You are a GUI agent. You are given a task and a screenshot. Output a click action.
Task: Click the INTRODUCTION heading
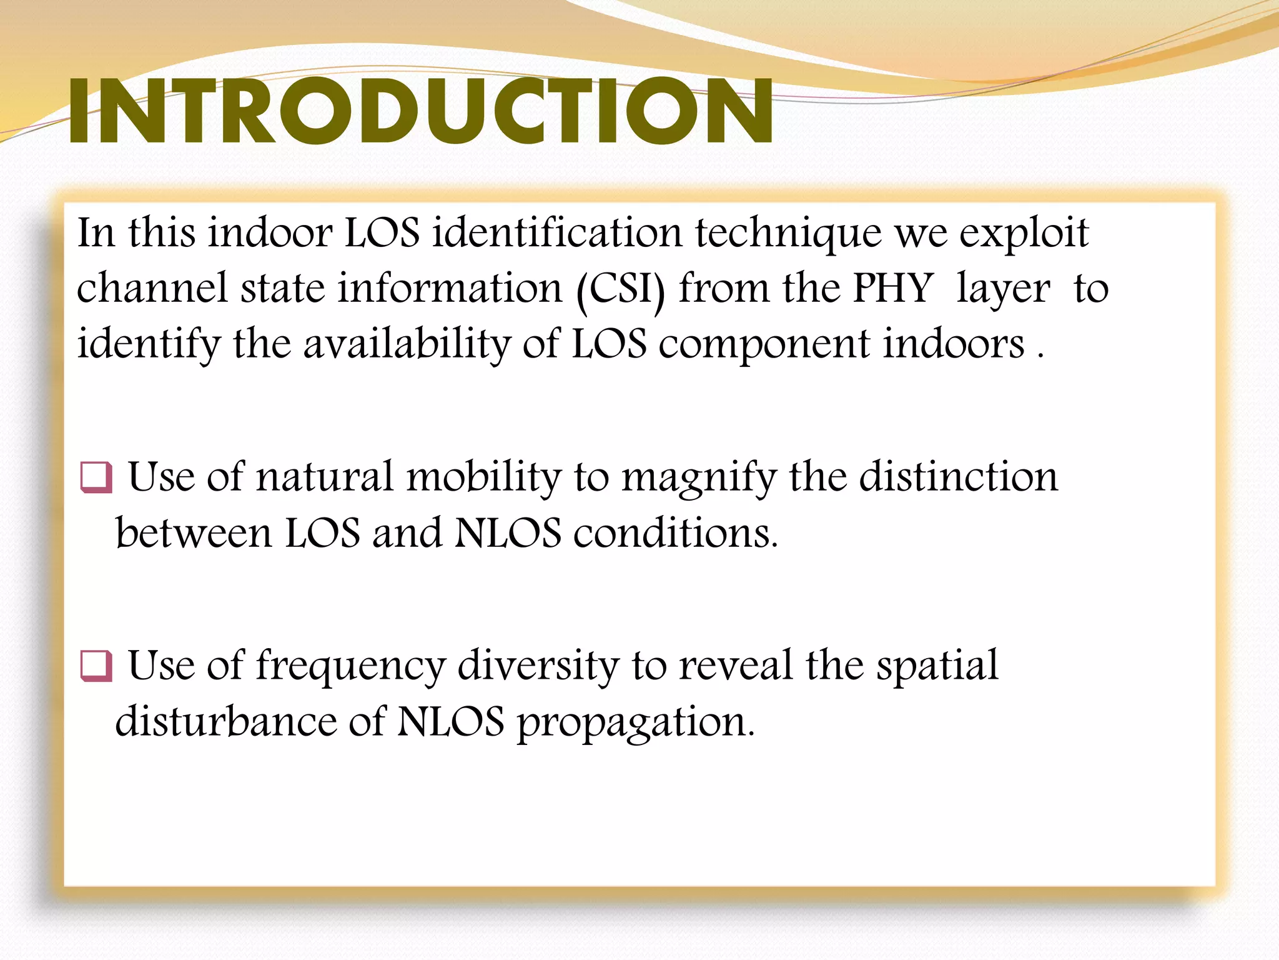pyautogui.click(x=420, y=111)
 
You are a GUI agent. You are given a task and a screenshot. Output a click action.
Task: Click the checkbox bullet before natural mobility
pyautogui.click(x=96, y=477)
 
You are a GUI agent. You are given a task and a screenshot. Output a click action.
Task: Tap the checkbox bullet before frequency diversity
pyautogui.click(x=96, y=666)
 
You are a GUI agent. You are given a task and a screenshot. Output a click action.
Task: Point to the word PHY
pyautogui.click(x=892, y=289)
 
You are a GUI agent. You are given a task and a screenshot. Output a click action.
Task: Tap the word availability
pyautogui.click(x=407, y=344)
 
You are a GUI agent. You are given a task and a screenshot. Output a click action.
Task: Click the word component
pyautogui.click(x=764, y=344)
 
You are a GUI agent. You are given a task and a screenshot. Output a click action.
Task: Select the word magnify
pyautogui.click(x=699, y=477)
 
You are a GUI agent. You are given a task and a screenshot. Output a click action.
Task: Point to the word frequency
pyautogui.click(x=350, y=666)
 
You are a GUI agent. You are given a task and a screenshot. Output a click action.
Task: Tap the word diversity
pyautogui.click(x=538, y=666)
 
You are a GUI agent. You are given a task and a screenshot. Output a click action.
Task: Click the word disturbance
pyautogui.click(x=225, y=721)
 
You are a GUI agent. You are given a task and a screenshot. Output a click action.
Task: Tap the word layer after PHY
pyautogui.click(x=1003, y=290)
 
